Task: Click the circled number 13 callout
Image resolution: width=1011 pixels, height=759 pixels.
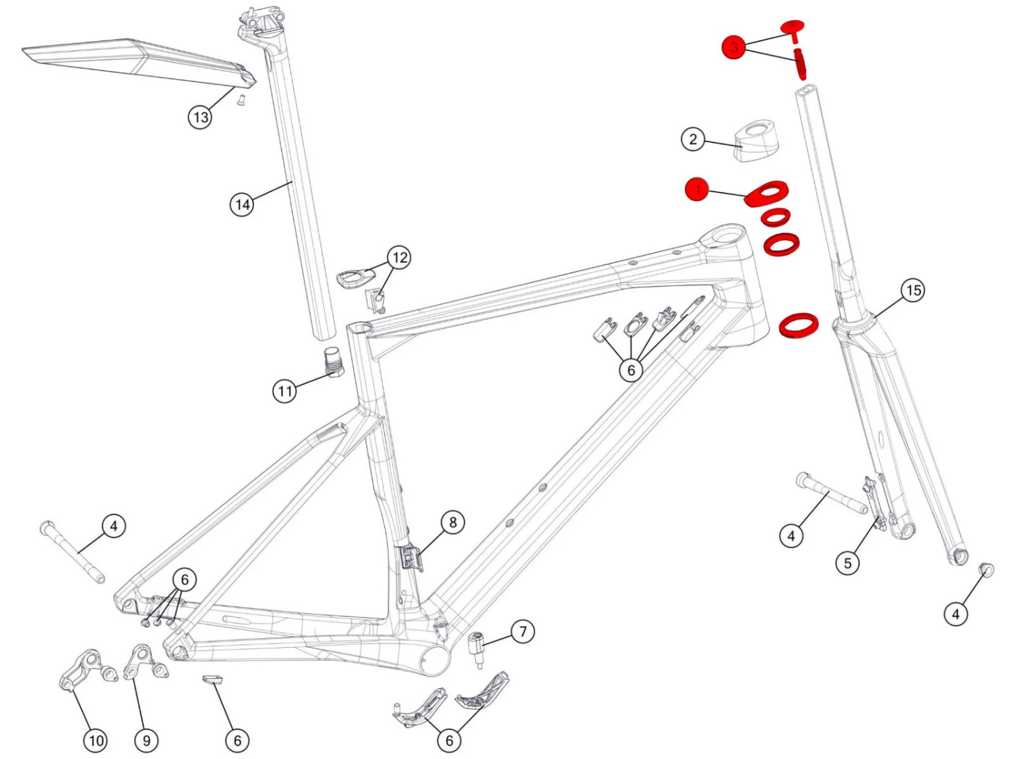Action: [200, 117]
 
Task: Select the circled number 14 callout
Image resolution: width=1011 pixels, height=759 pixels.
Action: [243, 204]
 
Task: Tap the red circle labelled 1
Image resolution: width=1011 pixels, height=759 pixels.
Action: [698, 190]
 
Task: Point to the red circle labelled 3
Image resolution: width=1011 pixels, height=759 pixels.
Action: [734, 47]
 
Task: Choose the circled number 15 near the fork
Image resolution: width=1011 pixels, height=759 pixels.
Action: [913, 290]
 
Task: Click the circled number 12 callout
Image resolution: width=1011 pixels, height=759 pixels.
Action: [400, 257]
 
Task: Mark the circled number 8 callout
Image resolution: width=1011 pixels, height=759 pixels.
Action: [452, 522]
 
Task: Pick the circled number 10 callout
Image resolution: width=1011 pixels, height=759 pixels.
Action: [96, 740]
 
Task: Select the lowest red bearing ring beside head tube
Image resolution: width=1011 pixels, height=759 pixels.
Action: [799, 324]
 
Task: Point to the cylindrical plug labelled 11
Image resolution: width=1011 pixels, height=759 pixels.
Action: [333, 360]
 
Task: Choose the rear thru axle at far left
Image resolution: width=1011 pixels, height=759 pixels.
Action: [73, 551]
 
